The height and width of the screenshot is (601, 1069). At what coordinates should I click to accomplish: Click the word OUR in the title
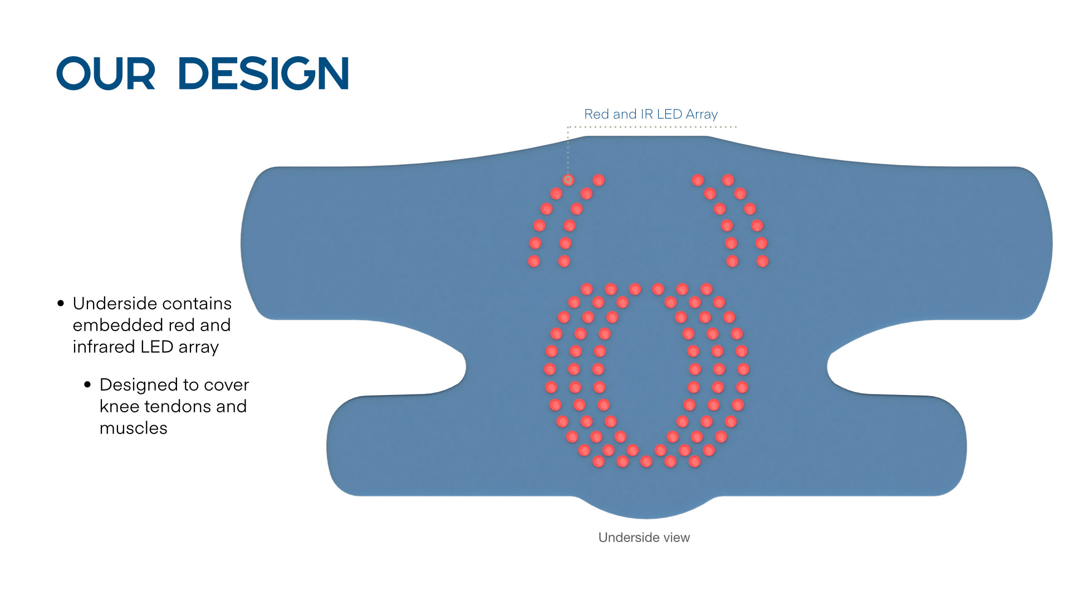click(x=105, y=73)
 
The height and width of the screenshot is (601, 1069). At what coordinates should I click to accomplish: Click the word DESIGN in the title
click(x=263, y=73)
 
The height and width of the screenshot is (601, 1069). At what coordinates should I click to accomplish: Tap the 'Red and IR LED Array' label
click(x=650, y=114)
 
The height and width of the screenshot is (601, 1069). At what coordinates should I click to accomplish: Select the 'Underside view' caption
click(x=644, y=538)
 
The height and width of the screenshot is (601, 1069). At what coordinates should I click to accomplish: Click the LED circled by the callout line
click(x=568, y=180)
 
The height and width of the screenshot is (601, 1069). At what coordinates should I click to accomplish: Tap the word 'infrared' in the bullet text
click(x=104, y=347)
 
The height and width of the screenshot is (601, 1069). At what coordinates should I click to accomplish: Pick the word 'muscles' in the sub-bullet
click(x=133, y=428)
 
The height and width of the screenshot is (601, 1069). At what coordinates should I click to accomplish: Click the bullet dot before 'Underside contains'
click(x=61, y=304)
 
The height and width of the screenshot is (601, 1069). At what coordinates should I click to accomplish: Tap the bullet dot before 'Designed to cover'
click(x=87, y=385)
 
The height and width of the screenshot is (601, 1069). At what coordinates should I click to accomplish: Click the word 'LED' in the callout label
click(x=669, y=114)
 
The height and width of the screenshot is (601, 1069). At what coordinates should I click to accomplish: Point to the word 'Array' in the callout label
click(x=702, y=115)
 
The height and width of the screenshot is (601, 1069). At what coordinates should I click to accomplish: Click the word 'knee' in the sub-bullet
click(x=119, y=407)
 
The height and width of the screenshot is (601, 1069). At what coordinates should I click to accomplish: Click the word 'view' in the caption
click(x=676, y=538)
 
